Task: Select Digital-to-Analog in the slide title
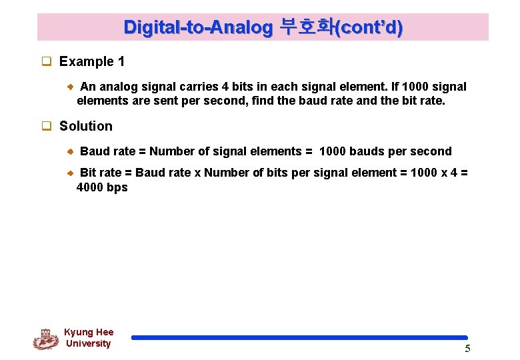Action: (198, 27)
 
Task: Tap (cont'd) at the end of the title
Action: (369, 27)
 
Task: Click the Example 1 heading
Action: (91, 62)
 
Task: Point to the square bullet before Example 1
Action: (47, 62)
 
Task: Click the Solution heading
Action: (85, 126)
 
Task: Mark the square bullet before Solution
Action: (47, 127)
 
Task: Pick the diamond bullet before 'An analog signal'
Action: (71, 87)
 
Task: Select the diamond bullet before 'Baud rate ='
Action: (71, 151)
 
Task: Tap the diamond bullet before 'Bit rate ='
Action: (71, 173)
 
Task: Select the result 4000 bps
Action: (102, 187)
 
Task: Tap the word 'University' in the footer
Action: (88, 344)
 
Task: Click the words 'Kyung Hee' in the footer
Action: (89, 332)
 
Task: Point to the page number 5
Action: (467, 349)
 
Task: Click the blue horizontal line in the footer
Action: (299, 338)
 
